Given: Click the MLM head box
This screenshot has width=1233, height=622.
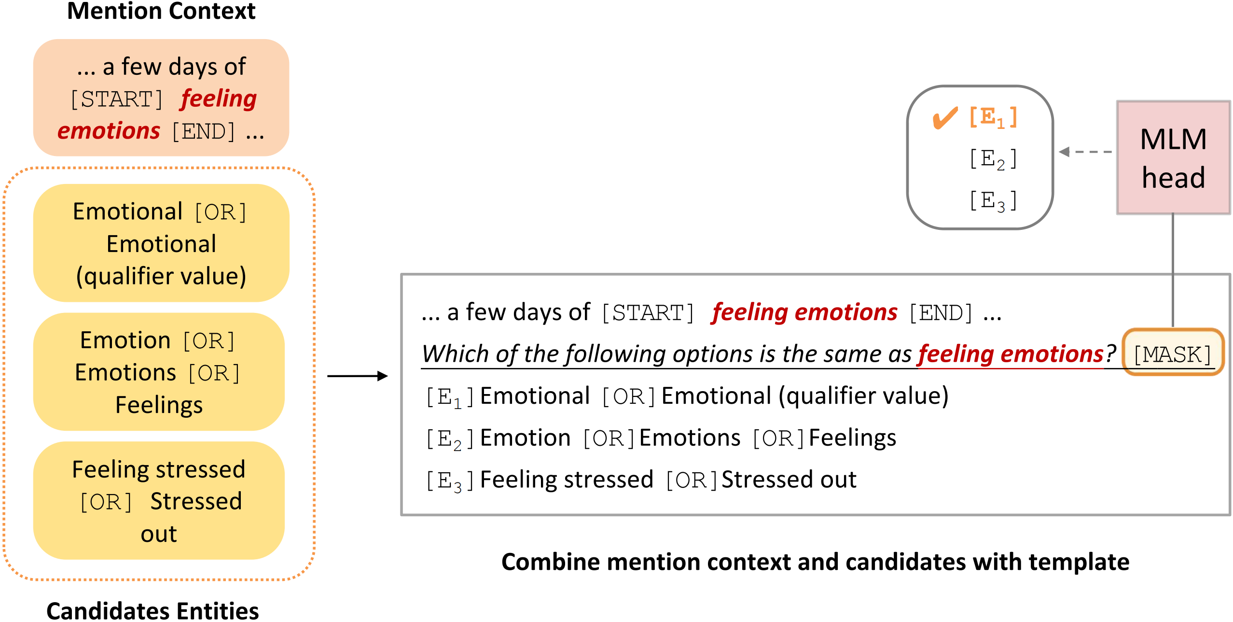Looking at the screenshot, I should point(1173,157).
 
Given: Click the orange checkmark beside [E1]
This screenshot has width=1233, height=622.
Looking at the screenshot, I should point(944,118).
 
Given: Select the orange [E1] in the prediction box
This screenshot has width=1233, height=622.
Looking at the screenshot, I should point(993,117).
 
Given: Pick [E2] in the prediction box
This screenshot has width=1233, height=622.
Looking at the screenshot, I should point(993,159).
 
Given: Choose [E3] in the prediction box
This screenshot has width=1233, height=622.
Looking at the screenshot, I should point(993,200).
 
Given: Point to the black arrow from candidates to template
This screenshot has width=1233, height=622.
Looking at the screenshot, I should point(357,376).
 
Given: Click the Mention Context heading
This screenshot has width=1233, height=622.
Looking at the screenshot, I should point(161,11).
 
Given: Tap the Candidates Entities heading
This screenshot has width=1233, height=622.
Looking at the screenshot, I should point(152,610).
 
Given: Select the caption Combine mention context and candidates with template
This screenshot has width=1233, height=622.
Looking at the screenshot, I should point(815,562).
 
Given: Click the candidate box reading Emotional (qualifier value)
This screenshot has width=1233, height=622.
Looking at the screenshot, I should point(161,243).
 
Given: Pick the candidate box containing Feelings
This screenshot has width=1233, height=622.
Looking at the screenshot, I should point(159,372).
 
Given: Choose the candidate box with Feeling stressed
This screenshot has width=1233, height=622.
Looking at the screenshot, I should point(159,501).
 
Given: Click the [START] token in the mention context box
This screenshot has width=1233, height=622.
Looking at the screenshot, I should point(116,99).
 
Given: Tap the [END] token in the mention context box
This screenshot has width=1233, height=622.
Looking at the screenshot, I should point(203,131).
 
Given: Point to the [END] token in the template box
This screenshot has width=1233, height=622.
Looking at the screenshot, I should point(941,313).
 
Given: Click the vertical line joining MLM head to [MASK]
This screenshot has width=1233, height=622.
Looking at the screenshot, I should point(1173,270).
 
